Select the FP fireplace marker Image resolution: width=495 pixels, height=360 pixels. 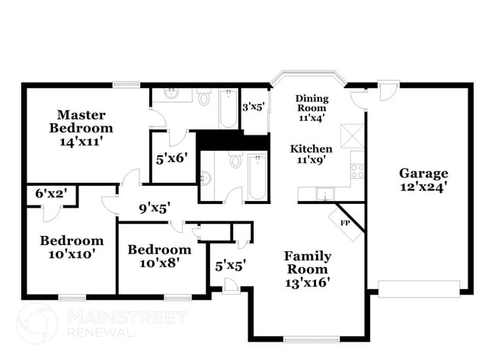pyautogui.click(x=344, y=224)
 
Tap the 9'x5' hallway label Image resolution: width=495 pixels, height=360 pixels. pyautogui.click(x=153, y=205)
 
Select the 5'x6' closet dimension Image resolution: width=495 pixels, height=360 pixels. pyautogui.click(x=172, y=159)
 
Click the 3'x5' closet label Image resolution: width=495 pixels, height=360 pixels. pyautogui.click(x=253, y=107)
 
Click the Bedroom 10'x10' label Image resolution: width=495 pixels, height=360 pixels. pyautogui.click(x=71, y=247)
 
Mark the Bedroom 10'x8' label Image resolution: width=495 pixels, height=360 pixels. pyautogui.click(x=158, y=256)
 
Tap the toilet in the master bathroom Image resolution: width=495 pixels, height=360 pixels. pyautogui.click(x=203, y=98)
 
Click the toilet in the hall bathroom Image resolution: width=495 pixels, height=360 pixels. pyautogui.click(x=235, y=162)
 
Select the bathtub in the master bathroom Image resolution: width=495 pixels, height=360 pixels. pyautogui.click(x=228, y=108)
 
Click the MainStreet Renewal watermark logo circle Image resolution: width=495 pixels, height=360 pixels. pyautogui.click(x=37, y=323)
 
